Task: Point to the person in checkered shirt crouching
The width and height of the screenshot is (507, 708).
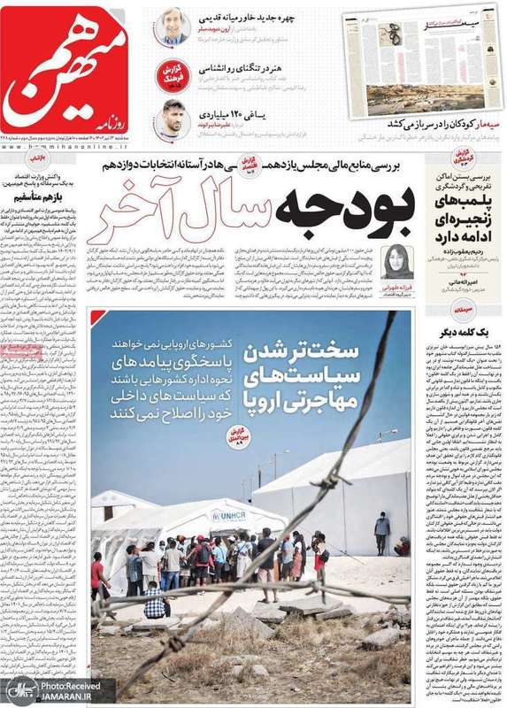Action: pos(156,601)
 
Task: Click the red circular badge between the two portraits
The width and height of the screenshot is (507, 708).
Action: pos(173,73)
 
